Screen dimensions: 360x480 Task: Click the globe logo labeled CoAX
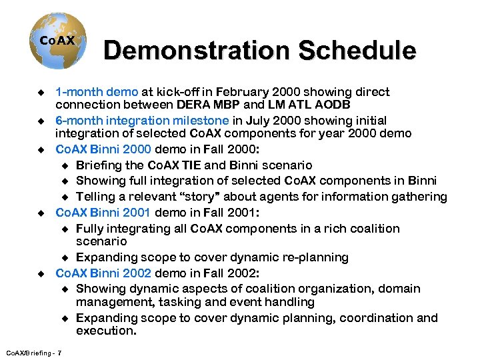[57, 41]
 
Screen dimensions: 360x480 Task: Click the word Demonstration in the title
[195, 51]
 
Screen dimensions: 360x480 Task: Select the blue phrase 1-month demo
[97, 92]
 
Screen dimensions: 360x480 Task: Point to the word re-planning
[311, 257]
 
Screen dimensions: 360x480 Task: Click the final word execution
[106, 331]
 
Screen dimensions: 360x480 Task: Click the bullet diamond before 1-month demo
[41, 93]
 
